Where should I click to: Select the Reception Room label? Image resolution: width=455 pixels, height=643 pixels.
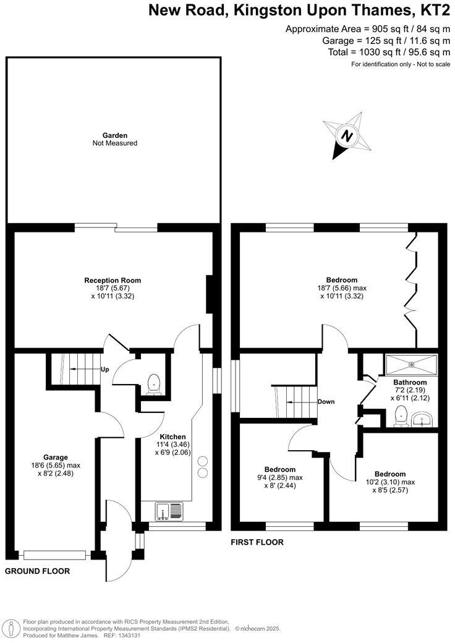click(113, 280)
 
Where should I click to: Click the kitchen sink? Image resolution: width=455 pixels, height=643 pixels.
click(169, 511)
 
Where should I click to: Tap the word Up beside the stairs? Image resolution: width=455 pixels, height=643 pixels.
click(105, 370)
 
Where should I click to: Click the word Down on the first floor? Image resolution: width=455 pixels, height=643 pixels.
click(326, 402)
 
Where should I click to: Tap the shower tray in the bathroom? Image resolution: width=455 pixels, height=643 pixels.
click(410, 363)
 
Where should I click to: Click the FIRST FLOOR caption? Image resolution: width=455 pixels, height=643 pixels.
click(257, 542)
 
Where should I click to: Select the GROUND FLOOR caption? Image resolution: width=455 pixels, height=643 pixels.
click(37, 571)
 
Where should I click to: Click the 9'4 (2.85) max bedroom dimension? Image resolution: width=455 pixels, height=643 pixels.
click(279, 478)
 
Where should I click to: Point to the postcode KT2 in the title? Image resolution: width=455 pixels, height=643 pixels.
click(434, 10)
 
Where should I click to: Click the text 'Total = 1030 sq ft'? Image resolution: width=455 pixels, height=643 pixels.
click(368, 52)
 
